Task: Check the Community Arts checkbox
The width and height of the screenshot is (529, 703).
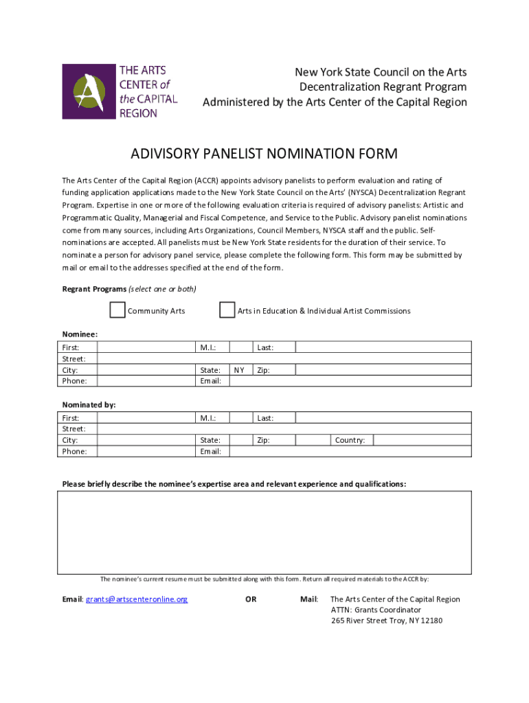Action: pyautogui.click(x=117, y=310)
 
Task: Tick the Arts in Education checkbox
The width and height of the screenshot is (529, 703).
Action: pyautogui.click(x=227, y=310)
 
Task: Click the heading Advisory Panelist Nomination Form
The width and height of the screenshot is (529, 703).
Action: pyautogui.click(x=264, y=153)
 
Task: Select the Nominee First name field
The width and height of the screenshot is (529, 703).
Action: pyautogui.click(x=145, y=347)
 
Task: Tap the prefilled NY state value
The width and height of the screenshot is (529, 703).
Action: pyautogui.click(x=239, y=370)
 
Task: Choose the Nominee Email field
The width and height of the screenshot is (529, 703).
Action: pyautogui.click(x=350, y=381)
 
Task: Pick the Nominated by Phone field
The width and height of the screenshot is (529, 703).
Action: pyautogui.click(x=145, y=451)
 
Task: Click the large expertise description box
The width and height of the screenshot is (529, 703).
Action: pyautogui.click(x=264, y=532)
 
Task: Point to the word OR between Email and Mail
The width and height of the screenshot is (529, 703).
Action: pyautogui.click(x=251, y=599)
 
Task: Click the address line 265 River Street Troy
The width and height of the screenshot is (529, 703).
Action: pyautogui.click(x=387, y=621)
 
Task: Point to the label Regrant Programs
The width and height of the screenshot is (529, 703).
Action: pyautogui.click(x=94, y=289)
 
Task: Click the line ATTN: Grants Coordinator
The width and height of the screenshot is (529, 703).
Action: pyautogui.click(x=376, y=610)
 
